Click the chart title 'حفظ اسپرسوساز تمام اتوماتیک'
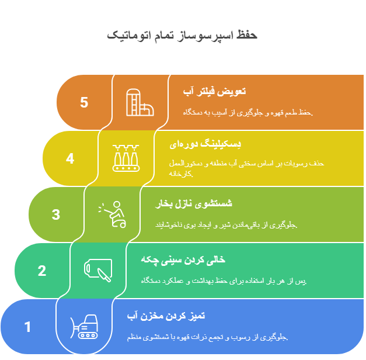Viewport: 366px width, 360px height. click(182, 36)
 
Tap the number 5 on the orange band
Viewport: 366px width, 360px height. click(84, 102)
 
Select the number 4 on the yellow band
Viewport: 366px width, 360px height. click(70, 158)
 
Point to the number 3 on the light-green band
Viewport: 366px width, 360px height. click(56, 214)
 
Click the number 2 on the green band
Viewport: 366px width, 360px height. click(42, 271)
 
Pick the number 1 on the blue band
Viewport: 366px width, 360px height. click(27, 327)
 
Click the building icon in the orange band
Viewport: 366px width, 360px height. click(140, 102)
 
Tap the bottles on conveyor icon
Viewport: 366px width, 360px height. click(126, 158)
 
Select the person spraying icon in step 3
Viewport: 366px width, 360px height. click(112, 214)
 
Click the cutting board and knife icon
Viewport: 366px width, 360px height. click(98, 270)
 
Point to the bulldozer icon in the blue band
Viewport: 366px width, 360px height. click(84, 327)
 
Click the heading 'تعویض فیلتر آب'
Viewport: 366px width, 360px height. click(214, 91)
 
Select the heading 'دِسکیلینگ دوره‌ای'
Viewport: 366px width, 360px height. click(205, 144)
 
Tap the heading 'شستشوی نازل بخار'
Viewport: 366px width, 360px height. click(194, 203)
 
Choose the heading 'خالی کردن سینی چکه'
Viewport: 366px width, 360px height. click(183, 259)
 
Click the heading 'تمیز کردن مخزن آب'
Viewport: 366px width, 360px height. click(166, 316)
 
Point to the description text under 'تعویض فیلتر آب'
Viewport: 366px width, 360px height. click(248, 113)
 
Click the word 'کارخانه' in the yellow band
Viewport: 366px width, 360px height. click(181, 174)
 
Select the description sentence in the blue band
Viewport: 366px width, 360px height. click(207, 337)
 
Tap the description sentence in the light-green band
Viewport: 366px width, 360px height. click(226, 225)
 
